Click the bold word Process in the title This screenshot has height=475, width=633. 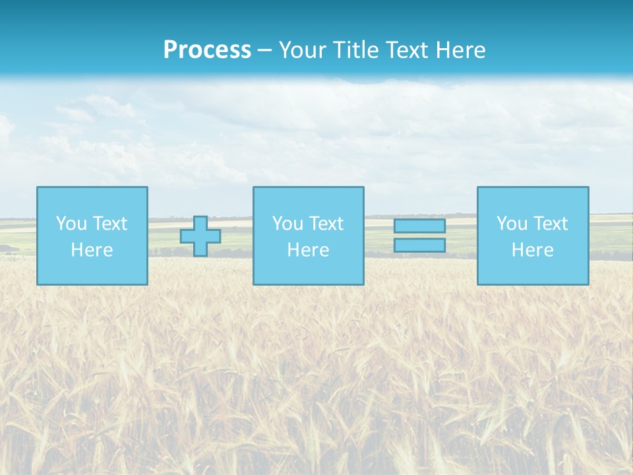(207, 50)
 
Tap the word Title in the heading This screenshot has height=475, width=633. (354, 50)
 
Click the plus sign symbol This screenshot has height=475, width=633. (200, 236)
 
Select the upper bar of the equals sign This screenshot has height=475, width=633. (419, 226)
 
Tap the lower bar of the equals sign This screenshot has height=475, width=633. (419, 245)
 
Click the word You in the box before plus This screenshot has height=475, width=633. (71, 224)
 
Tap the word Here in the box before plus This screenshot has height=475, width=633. (92, 250)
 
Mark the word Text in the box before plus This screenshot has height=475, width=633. (109, 224)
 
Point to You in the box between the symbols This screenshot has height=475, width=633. (287, 224)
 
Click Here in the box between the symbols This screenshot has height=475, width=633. (309, 250)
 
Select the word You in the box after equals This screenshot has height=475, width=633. (512, 224)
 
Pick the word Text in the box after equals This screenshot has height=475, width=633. (550, 224)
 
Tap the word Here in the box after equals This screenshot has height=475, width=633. (533, 250)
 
